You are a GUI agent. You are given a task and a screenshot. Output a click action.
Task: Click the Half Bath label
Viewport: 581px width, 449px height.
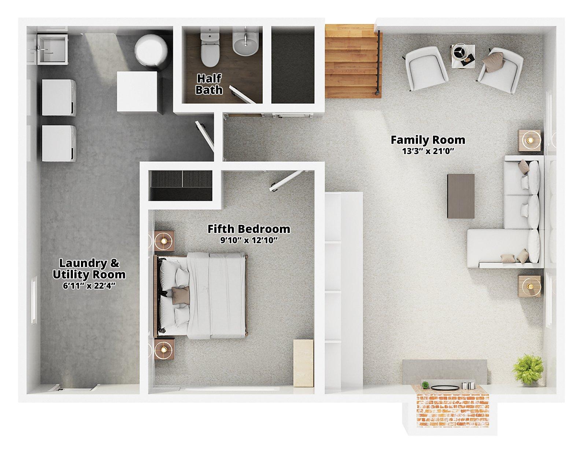209,84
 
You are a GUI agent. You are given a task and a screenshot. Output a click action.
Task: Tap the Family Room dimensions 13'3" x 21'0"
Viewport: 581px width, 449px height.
428,152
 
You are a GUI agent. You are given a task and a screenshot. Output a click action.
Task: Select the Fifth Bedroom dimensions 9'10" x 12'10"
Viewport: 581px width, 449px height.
249,240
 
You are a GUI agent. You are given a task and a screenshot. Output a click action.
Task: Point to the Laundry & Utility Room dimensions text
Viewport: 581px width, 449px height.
89,286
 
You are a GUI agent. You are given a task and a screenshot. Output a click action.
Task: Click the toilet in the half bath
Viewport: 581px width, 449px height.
210,47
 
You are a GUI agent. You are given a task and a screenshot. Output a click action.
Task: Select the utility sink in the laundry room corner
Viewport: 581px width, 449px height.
52,50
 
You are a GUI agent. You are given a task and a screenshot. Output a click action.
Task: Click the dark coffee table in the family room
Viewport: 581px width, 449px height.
461,196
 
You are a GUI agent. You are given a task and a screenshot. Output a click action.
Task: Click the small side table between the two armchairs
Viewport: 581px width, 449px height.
463,56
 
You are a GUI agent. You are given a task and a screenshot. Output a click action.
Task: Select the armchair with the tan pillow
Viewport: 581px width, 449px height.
500,70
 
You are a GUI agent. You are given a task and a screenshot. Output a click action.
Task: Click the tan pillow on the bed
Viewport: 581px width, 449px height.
181,296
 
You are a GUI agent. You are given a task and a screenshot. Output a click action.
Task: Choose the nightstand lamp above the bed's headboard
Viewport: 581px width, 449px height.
164,240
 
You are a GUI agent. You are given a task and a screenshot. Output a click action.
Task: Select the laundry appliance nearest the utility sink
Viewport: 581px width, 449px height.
59,98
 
